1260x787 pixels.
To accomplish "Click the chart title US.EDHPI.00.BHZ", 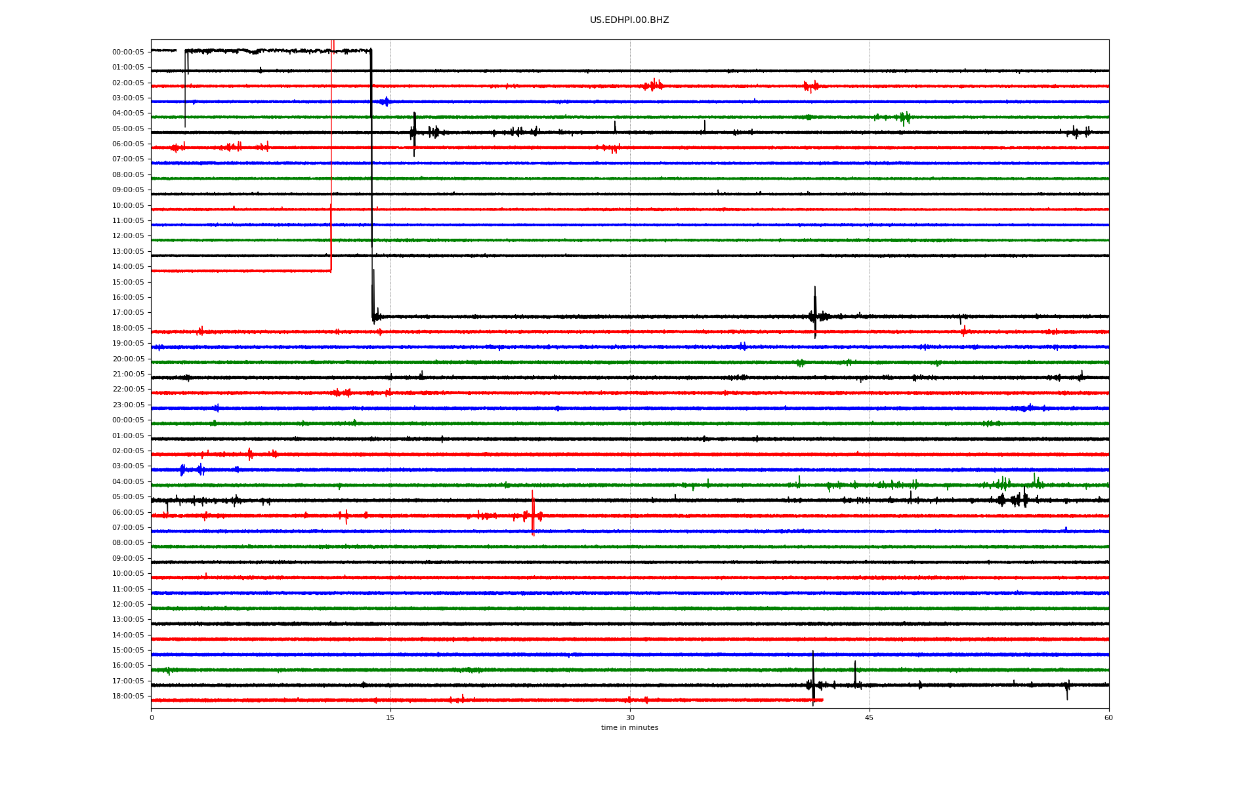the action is click(x=629, y=20).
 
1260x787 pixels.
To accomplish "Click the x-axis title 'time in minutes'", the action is click(x=629, y=727).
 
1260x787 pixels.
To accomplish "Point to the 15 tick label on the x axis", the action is click(x=390, y=717).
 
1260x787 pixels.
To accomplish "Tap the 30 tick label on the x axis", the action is click(x=630, y=717).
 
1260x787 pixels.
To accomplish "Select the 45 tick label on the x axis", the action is click(x=870, y=717).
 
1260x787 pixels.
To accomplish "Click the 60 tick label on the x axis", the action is click(x=1108, y=717).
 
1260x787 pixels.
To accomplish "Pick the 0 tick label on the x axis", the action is click(x=152, y=717).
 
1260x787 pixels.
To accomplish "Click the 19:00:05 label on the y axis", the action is click(x=128, y=344).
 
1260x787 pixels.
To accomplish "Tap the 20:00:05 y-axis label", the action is click(x=128, y=359).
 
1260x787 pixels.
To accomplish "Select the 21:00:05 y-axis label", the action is click(x=128, y=374).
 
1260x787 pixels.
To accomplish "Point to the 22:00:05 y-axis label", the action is click(x=128, y=390).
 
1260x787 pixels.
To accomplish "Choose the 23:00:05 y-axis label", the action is click(x=128, y=405).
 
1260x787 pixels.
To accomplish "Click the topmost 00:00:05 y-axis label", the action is click(x=128, y=52).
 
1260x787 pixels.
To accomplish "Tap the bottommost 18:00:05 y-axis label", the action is click(x=128, y=696).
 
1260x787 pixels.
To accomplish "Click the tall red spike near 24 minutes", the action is click(x=533, y=513).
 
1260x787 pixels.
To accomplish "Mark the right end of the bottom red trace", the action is click(x=823, y=700).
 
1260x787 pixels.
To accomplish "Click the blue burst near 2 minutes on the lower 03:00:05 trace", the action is click(x=183, y=470).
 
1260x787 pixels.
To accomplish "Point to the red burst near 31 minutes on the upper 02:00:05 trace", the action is click(x=653, y=85).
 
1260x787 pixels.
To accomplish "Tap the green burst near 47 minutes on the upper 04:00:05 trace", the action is click(x=904, y=117).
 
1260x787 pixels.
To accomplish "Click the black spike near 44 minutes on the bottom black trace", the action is click(x=855, y=674).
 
